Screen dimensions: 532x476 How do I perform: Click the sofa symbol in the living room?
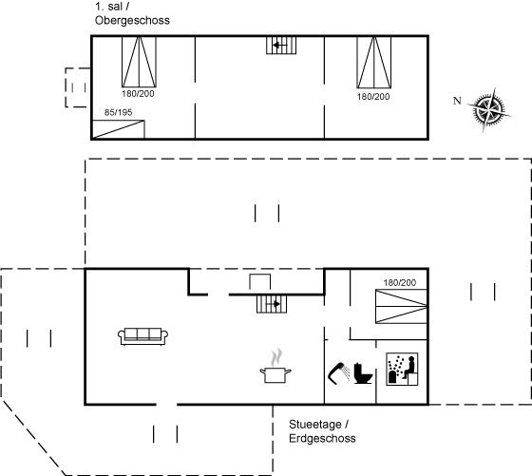pos(142,336)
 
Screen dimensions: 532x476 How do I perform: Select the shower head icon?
pos(339,373)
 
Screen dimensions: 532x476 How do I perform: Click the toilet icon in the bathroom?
pos(363,373)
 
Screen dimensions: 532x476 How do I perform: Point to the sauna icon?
pos(402,370)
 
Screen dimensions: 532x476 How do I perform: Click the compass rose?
pos(489,109)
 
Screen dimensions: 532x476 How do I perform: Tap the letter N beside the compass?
pos(457,101)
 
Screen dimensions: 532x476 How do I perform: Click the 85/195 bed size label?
pos(118,112)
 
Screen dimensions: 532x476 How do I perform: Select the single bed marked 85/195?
pos(119,129)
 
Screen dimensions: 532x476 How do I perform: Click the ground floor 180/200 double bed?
pos(401,306)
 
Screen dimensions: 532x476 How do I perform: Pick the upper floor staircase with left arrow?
pos(281,45)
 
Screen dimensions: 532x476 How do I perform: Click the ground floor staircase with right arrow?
pos(272,304)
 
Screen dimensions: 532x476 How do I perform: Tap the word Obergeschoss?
pos(132,20)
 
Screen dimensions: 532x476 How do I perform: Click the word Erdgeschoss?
pos(322,438)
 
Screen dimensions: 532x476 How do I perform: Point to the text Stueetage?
pos(315,424)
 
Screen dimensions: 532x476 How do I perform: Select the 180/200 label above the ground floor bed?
pos(400,282)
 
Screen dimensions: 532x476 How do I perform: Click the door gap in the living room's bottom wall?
pos(166,405)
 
